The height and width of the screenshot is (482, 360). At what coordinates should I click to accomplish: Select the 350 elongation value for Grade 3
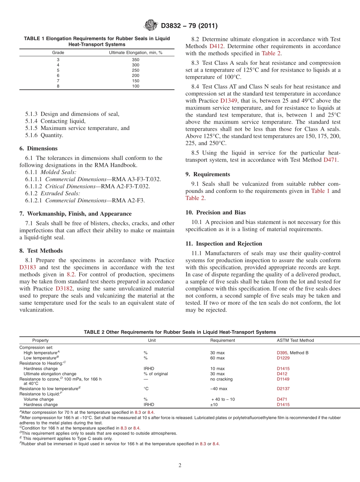pos(136,59)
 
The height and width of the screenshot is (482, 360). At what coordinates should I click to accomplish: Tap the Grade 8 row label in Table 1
pos(58,86)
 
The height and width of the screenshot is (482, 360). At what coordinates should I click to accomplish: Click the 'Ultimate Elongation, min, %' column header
pos(136,53)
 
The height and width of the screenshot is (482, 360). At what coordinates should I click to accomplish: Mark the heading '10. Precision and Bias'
pos(216,213)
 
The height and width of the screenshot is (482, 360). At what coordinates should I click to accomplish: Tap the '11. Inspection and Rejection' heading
pos(224,244)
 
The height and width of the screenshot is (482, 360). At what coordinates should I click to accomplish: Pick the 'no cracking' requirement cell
pos(221,379)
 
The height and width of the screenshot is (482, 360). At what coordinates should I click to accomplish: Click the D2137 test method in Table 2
pos(283,388)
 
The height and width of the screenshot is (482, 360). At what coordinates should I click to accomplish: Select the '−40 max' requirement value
pos(219,388)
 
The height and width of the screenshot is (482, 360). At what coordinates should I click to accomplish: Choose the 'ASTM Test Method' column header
pos(295,340)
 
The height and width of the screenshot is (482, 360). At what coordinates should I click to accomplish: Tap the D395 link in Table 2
pos(282,353)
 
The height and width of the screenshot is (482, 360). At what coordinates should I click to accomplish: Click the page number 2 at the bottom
pos(180,465)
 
